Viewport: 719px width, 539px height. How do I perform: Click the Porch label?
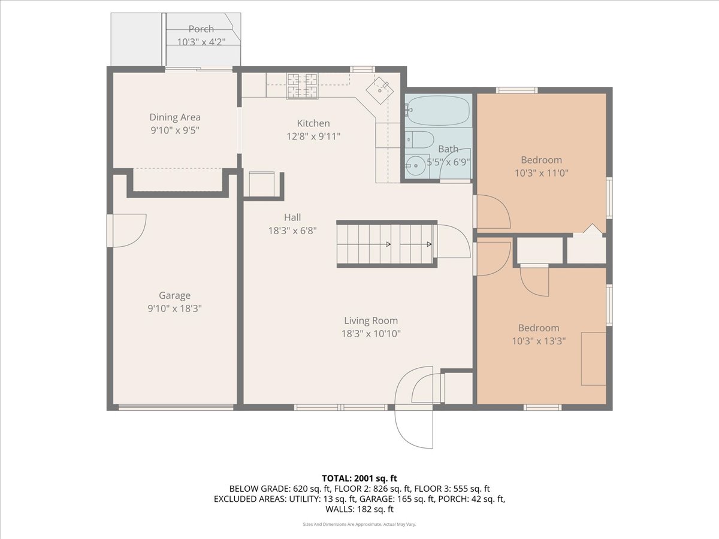coord(201,29)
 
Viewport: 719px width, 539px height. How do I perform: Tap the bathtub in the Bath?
coord(438,111)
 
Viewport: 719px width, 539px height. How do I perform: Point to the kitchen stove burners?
coord(303,86)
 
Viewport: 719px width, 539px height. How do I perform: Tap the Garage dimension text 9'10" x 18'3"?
coord(175,308)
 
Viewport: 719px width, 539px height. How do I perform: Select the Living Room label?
coord(371,320)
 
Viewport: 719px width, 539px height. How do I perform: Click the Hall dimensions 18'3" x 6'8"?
coord(292,230)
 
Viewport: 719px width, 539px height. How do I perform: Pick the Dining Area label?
coord(175,117)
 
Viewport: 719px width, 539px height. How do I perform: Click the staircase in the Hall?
coord(385,244)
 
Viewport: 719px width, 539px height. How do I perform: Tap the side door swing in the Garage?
coord(129,230)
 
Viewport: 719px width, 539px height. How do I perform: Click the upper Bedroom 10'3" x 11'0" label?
coord(541,160)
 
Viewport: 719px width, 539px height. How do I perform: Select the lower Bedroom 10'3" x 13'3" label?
coord(539,328)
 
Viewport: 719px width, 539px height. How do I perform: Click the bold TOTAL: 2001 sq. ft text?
coord(359,478)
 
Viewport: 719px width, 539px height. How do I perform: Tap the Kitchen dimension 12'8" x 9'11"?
coord(313,136)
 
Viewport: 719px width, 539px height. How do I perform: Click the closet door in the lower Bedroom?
coord(535,280)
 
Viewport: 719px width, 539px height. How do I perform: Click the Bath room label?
coord(448,149)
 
